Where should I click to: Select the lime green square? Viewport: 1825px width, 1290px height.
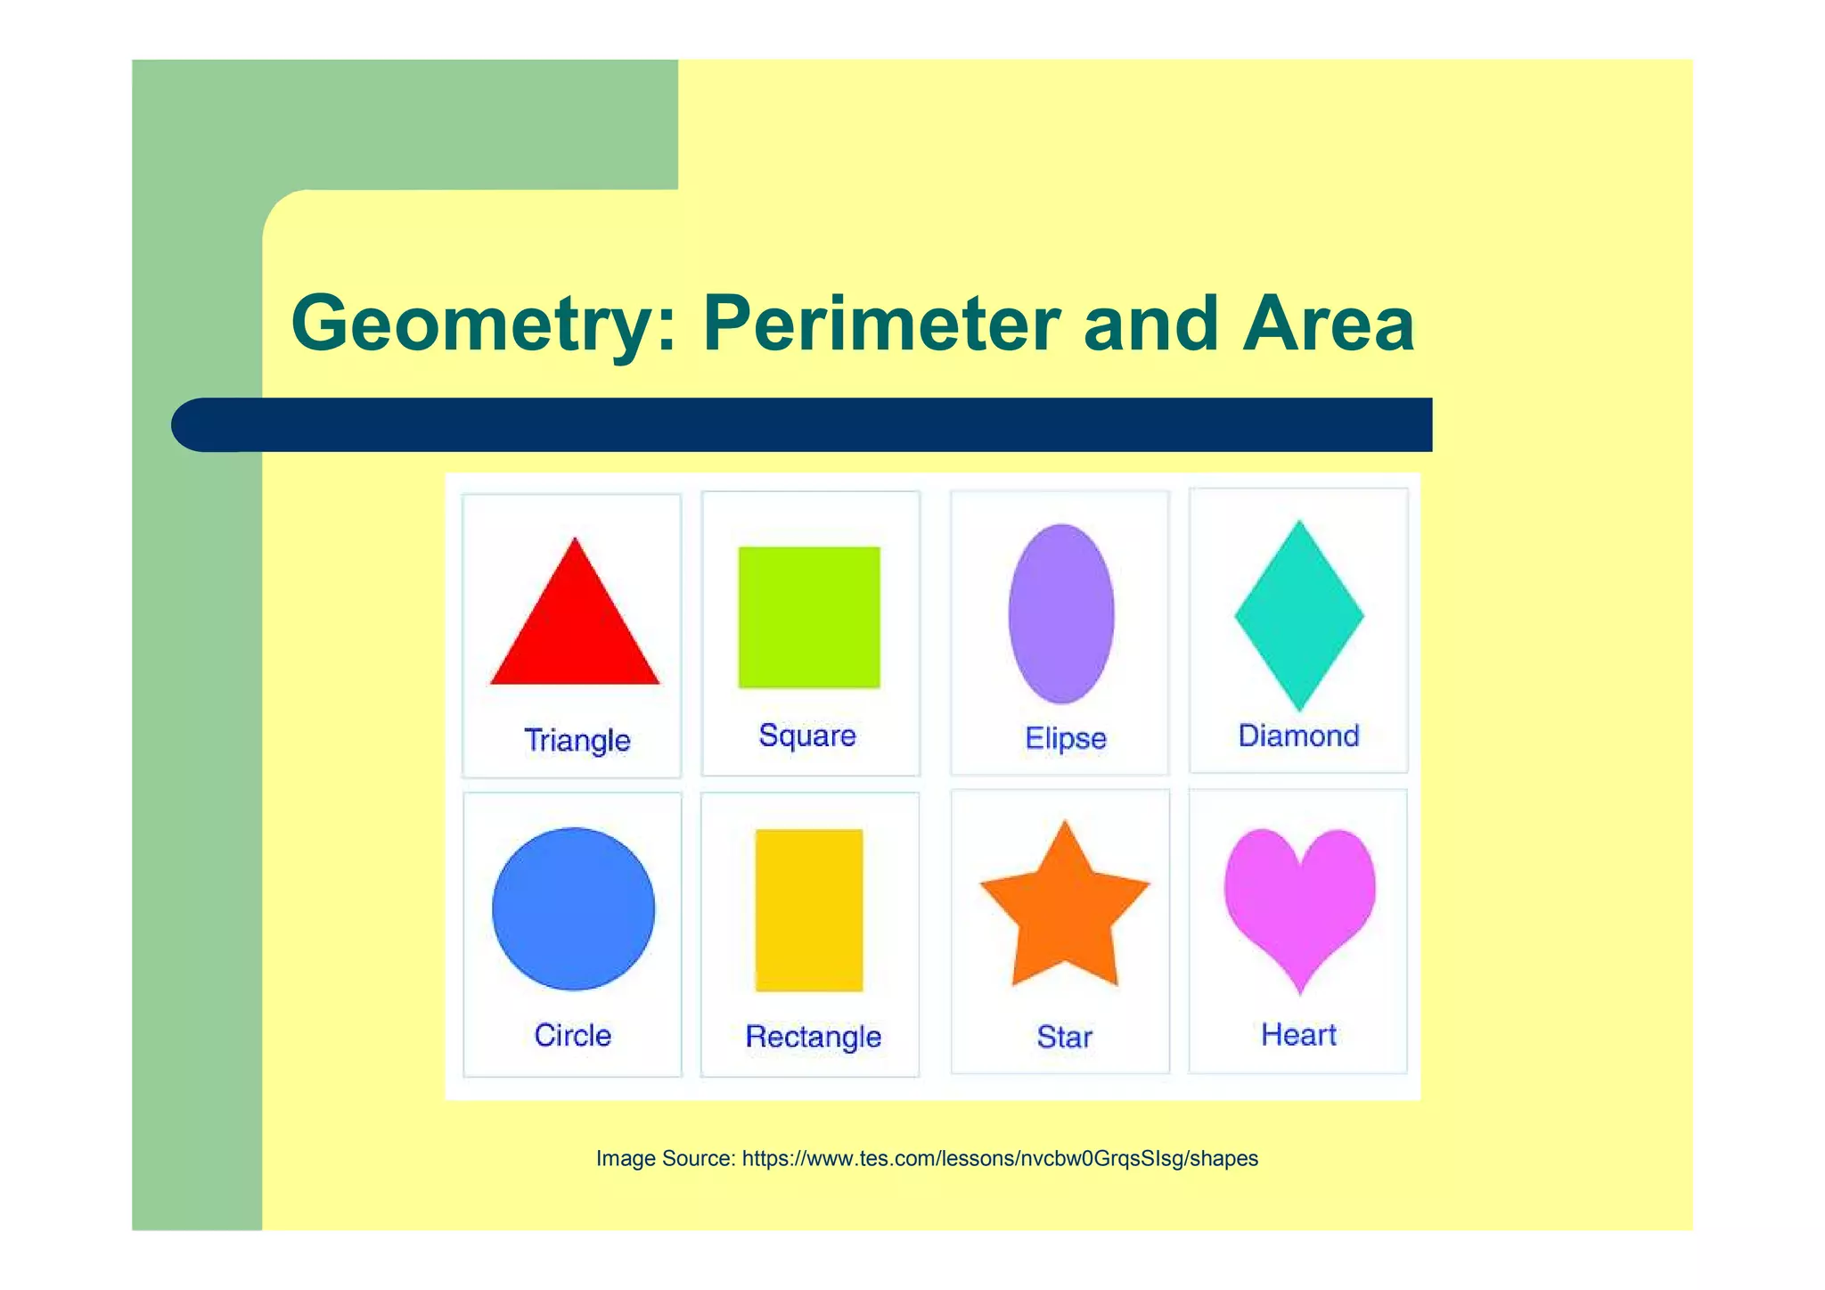click(x=809, y=617)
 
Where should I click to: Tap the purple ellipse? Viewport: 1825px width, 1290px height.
click(x=1061, y=613)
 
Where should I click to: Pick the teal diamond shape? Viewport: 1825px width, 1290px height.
click(x=1299, y=615)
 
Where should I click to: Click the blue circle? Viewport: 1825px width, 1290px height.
click(x=573, y=908)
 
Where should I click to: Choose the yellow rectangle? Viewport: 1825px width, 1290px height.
click(x=809, y=910)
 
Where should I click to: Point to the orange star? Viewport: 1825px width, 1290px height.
click(x=1065, y=914)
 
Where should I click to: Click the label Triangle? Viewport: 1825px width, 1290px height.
click(x=577, y=740)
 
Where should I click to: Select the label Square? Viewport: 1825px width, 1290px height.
click(x=807, y=735)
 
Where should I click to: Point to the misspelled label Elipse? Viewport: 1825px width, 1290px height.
click(x=1066, y=738)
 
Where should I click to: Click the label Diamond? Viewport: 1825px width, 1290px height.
click(x=1298, y=735)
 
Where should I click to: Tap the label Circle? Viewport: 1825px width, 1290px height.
click(x=573, y=1035)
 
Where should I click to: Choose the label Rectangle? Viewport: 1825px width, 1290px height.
click(x=813, y=1037)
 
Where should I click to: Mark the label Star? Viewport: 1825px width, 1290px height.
click(x=1064, y=1037)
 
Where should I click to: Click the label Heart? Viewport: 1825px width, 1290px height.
click(x=1298, y=1034)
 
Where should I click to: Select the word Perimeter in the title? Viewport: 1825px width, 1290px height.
click(x=880, y=323)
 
